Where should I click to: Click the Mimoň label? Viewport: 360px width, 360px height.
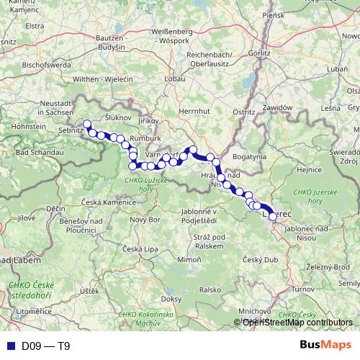coord(189,258)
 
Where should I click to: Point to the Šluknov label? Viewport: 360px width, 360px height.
coord(117,116)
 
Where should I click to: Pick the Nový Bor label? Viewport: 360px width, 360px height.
coord(145,219)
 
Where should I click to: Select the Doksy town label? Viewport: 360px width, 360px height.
coord(171,297)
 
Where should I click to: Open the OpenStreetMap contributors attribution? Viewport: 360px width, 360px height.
coord(297,322)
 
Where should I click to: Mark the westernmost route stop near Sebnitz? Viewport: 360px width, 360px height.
coord(87,124)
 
